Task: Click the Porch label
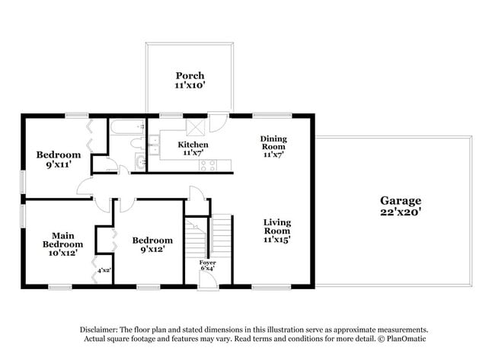tap(190, 75)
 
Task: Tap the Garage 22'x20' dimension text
tap(400, 212)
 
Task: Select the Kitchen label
tap(193, 144)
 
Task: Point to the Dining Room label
tap(273, 144)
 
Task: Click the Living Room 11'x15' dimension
tap(277, 240)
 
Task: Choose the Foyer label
tap(207, 263)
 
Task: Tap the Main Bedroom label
tap(62, 240)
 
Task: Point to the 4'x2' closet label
tap(104, 269)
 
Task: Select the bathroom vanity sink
tap(139, 161)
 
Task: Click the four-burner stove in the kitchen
tap(208, 164)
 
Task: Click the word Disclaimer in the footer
tap(103, 330)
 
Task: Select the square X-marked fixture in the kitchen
tap(194, 126)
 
